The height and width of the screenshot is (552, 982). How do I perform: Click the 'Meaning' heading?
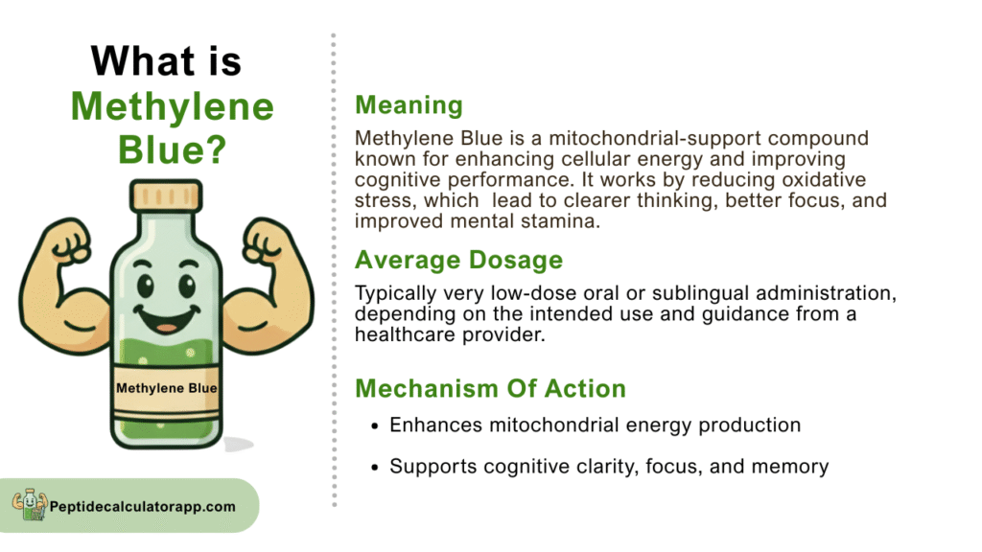409,105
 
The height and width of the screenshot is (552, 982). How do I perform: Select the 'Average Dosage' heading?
459,260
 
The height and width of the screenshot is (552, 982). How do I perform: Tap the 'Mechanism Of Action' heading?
490,389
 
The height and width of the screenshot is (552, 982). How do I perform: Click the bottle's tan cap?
166,195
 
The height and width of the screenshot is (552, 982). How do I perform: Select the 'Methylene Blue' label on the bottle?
167,388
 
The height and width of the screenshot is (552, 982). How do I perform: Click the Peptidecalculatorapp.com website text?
143,506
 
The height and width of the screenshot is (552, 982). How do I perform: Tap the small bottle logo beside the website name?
30,504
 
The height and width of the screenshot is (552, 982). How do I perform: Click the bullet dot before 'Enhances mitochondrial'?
375,426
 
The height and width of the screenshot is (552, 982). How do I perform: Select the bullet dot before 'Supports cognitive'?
375,468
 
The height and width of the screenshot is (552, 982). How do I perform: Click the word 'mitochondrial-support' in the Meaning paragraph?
655,138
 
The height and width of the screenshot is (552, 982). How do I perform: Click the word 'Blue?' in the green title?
173,150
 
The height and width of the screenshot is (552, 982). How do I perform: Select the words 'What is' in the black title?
166,61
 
